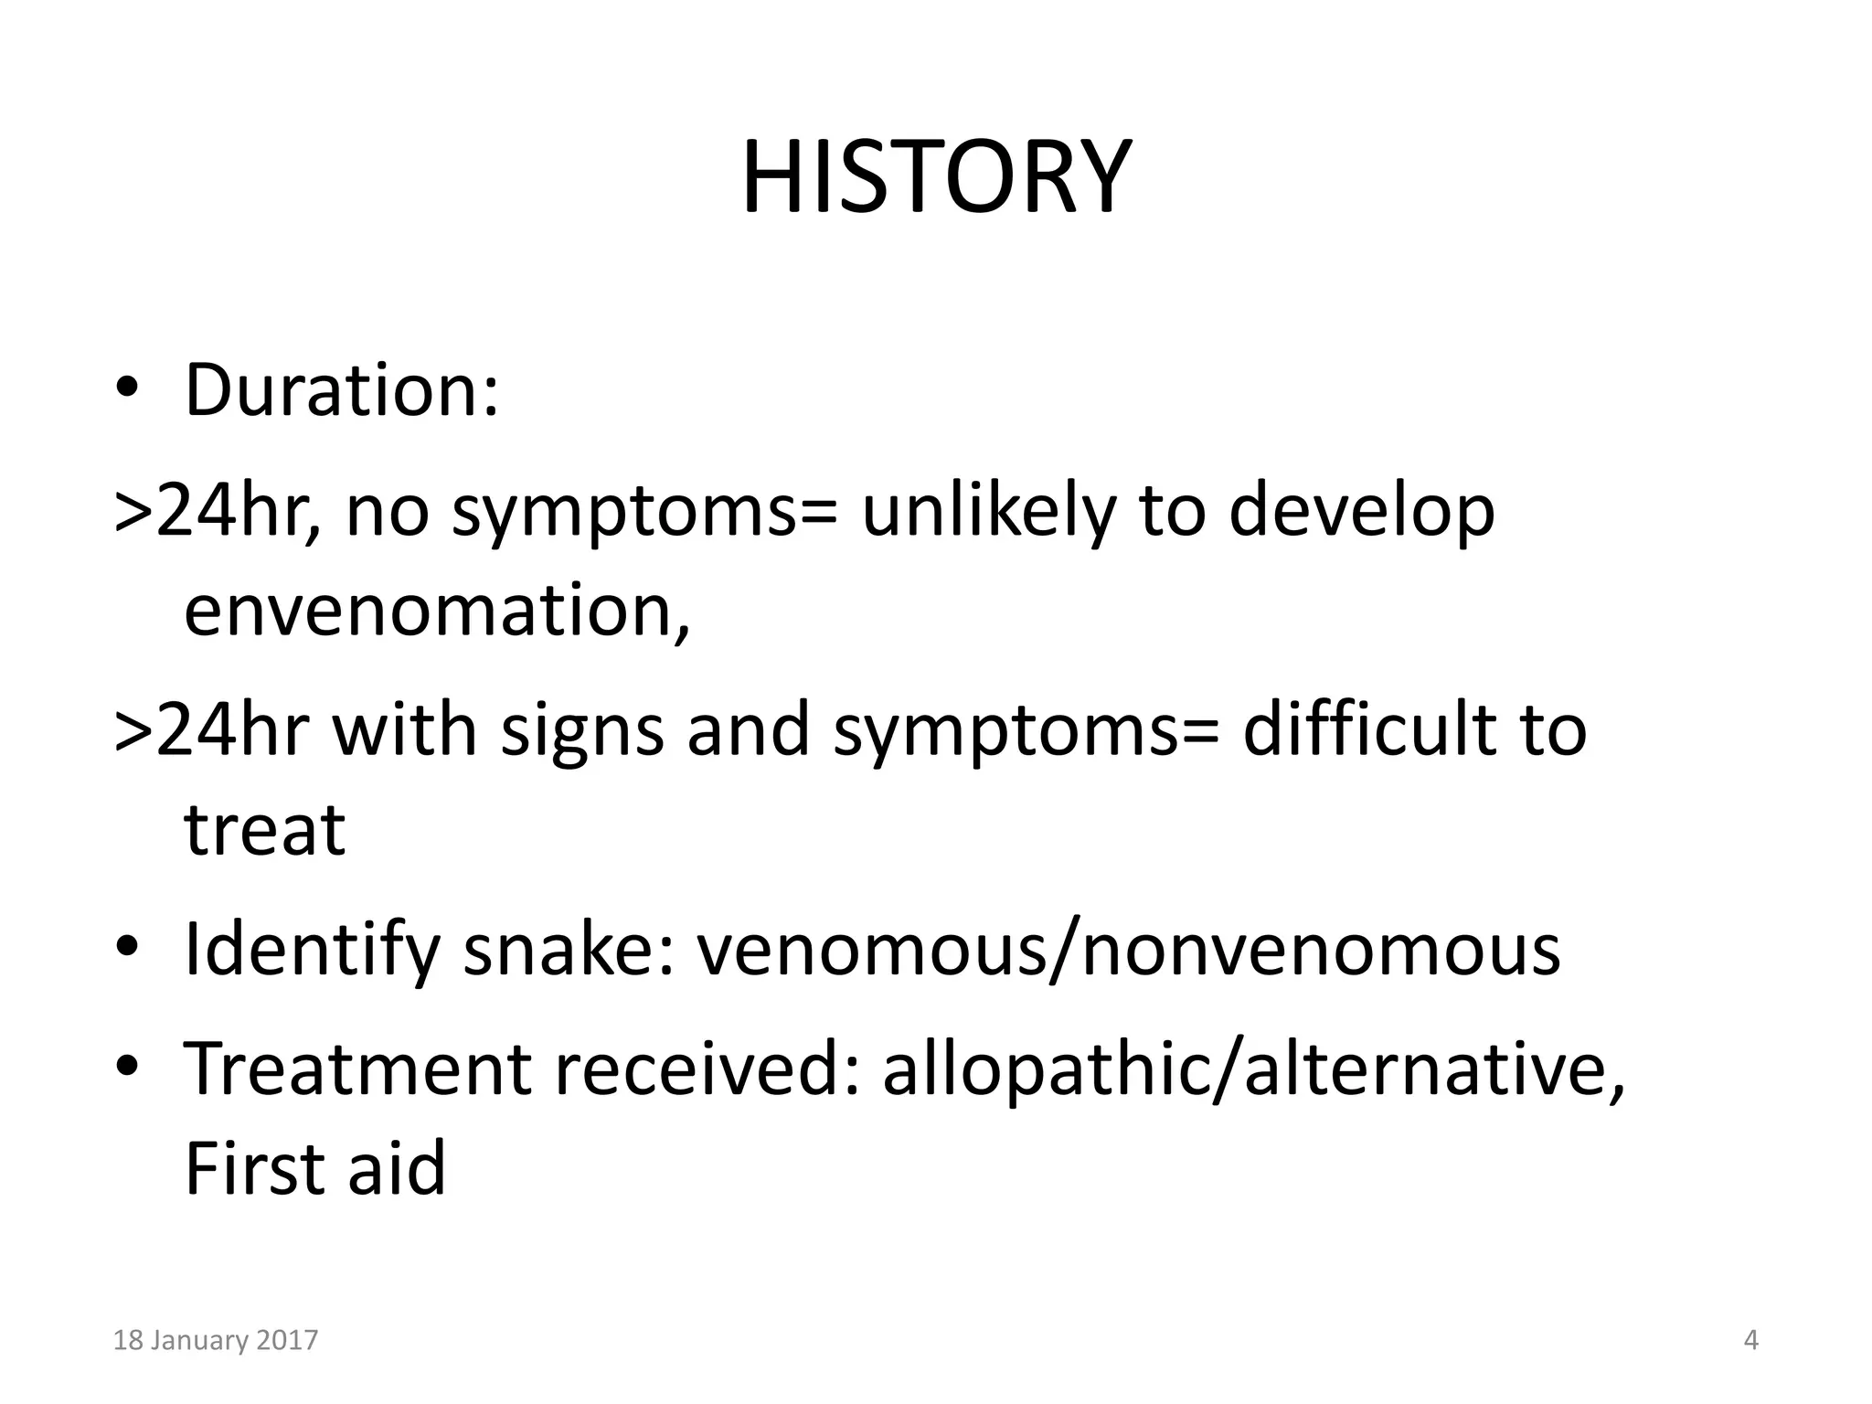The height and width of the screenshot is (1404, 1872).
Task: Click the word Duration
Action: coord(335,391)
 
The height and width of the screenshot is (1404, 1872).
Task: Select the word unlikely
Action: coord(988,511)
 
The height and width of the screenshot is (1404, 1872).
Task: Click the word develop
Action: coord(1362,511)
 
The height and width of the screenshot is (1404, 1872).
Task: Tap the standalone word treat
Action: coord(264,830)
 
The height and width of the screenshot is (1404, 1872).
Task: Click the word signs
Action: coord(582,730)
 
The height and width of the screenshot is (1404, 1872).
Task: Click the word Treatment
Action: coord(357,1069)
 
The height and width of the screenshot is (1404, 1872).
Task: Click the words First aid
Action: coord(314,1169)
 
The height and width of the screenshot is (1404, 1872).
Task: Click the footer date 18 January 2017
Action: coord(215,1341)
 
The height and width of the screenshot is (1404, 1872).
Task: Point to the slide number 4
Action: coord(1750,1341)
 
